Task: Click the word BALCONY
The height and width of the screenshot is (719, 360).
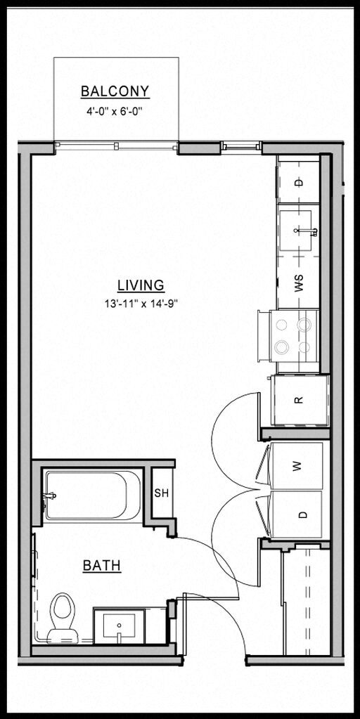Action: tap(115, 91)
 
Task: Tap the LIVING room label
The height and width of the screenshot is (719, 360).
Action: tap(141, 285)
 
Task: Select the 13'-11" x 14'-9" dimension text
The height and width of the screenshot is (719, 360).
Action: tap(141, 304)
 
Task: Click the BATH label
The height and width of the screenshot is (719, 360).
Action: tap(102, 565)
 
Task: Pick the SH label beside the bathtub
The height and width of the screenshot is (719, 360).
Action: tap(161, 492)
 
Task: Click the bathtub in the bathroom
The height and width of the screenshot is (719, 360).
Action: tap(94, 495)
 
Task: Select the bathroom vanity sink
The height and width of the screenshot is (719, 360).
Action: tap(120, 626)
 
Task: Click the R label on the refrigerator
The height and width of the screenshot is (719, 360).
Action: tap(298, 400)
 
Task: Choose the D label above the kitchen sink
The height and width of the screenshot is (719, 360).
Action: tap(298, 182)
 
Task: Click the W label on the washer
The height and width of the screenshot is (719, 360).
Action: tap(297, 465)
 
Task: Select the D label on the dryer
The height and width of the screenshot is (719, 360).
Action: tap(303, 514)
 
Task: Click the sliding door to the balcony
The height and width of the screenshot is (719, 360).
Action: tap(117, 146)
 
